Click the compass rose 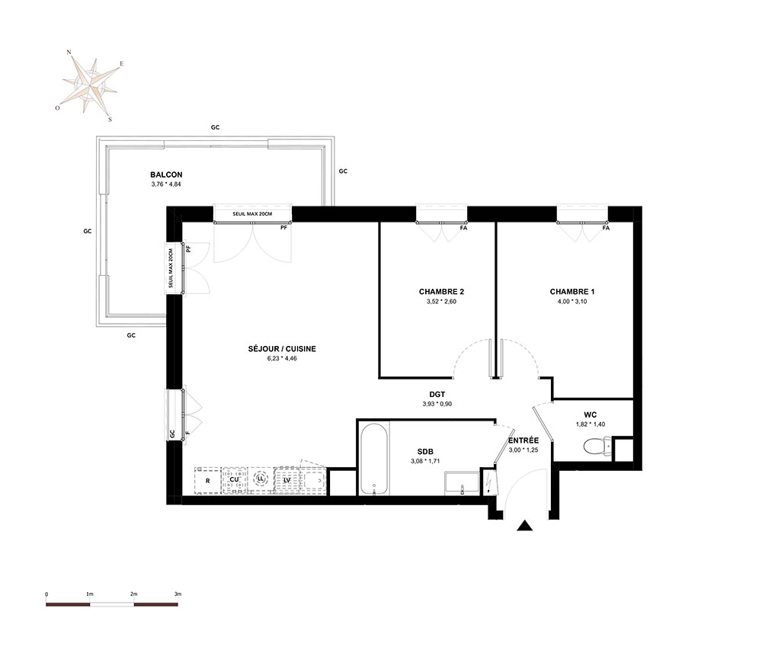[x=91, y=85]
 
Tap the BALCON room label [x=166, y=174]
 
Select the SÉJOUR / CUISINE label [x=282, y=349]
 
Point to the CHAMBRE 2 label [x=441, y=292]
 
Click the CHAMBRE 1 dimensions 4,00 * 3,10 [x=572, y=301]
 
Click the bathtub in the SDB [x=373, y=459]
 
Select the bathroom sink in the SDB [x=462, y=483]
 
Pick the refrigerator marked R [x=207, y=481]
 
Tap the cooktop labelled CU [x=234, y=481]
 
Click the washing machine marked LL [x=261, y=479]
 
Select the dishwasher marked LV [x=287, y=481]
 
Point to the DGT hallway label [x=437, y=395]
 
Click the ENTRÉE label [x=523, y=440]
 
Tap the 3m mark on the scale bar [x=178, y=594]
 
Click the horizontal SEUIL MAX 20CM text [x=252, y=214]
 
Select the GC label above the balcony [x=215, y=127]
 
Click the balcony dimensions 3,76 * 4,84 [x=166, y=184]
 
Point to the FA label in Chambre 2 [x=463, y=227]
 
